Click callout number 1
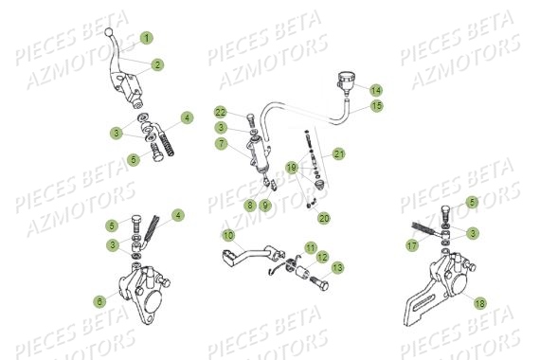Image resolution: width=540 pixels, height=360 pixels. tap(147, 38)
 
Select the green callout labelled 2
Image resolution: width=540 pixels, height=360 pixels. tap(157, 64)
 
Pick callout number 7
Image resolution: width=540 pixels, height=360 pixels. tap(219, 144)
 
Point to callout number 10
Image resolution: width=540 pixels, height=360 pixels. tap(228, 234)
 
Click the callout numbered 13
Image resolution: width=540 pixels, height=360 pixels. tap(338, 268)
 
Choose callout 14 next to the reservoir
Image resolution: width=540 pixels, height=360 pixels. tap(376, 89)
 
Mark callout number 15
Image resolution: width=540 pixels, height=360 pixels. tap(376, 106)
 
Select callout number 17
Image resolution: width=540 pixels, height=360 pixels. tap(412, 244)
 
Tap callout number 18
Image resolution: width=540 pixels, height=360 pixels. tap(479, 303)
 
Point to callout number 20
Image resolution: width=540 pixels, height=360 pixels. tap(324, 217)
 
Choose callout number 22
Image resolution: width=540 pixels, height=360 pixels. tap(220, 112)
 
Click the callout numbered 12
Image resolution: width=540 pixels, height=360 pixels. tap(322, 257)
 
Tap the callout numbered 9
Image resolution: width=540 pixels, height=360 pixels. tap(266, 204)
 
